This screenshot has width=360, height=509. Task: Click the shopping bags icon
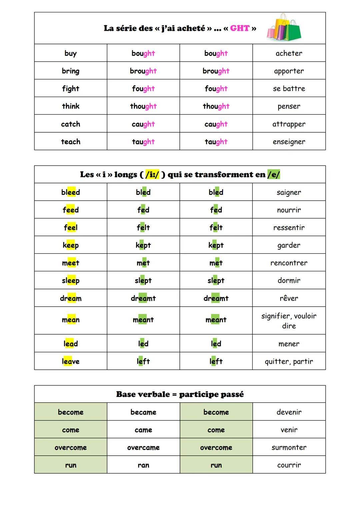pyautogui.click(x=284, y=28)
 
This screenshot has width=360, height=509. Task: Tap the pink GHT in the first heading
pyautogui.click(x=240, y=28)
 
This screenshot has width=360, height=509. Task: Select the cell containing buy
pyautogui.click(x=71, y=53)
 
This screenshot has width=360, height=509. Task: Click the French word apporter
pyautogui.click(x=289, y=71)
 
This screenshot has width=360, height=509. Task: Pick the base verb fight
pyautogui.click(x=71, y=89)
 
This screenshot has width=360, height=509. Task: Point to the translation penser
pyautogui.click(x=289, y=106)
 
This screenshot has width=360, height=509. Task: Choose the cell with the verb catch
pyautogui.click(x=71, y=124)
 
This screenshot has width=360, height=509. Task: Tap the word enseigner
pyautogui.click(x=289, y=142)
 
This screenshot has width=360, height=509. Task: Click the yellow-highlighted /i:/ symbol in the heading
pyautogui.click(x=152, y=174)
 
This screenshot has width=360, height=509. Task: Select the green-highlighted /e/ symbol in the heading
pyautogui.click(x=274, y=174)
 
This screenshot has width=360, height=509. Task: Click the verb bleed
pyautogui.click(x=71, y=192)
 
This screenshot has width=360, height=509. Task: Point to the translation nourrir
pyautogui.click(x=289, y=210)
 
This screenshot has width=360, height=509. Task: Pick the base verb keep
pyautogui.click(x=71, y=245)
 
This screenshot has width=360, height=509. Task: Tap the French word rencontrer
pyautogui.click(x=289, y=263)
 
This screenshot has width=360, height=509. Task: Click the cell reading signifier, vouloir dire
pyautogui.click(x=289, y=321)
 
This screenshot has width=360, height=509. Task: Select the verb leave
pyautogui.click(x=71, y=361)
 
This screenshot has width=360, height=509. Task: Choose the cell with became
pyautogui.click(x=143, y=412)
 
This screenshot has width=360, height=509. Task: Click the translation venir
pyautogui.click(x=289, y=430)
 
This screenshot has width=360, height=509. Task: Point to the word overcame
pyautogui.click(x=143, y=448)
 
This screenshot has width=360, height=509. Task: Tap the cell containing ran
pyautogui.click(x=143, y=465)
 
